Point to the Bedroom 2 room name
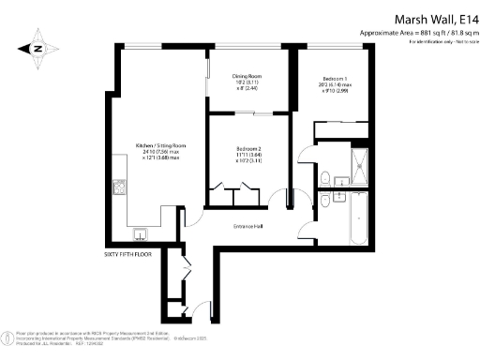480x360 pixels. coord(248,147)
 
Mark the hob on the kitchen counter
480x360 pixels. coord(121,187)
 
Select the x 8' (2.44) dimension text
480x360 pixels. coord(248,89)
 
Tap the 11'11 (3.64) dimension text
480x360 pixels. coord(248,155)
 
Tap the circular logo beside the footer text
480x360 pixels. coord(11,337)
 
